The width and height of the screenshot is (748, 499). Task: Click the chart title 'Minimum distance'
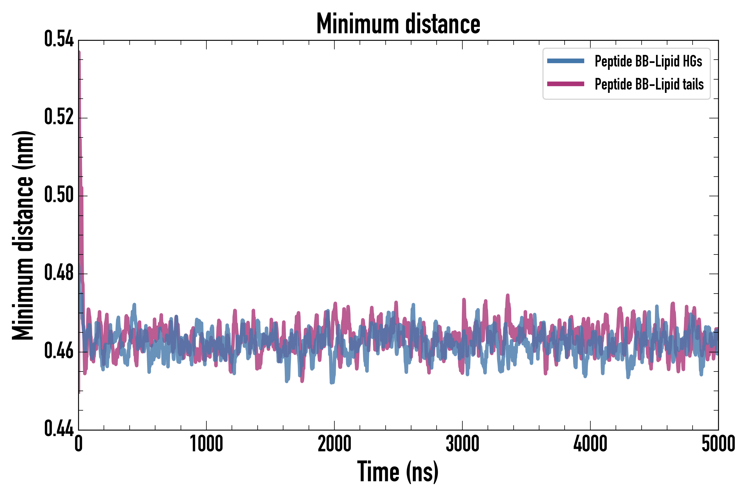tap(398, 24)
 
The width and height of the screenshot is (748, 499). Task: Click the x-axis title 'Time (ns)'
tap(398, 472)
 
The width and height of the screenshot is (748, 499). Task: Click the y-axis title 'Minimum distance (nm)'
tap(23, 235)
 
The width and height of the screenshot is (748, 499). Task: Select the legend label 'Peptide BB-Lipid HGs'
tap(648, 61)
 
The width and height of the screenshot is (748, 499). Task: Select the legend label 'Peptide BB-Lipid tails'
tap(649, 84)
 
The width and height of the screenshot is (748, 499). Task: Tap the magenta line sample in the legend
tap(565, 84)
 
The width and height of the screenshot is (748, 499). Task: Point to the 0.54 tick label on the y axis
tap(59, 39)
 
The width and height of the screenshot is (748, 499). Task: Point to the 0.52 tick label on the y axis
tap(59, 117)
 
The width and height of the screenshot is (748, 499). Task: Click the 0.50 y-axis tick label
tap(59, 195)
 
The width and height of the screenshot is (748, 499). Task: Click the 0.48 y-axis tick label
tap(59, 273)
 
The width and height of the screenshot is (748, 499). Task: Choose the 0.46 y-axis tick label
tap(59, 351)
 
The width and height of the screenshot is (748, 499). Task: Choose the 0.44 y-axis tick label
tap(59, 429)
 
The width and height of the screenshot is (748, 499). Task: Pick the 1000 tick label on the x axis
tap(206, 444)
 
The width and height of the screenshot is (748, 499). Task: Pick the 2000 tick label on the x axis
tap(334, 444)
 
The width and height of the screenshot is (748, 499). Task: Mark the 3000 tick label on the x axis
tap(462, 444)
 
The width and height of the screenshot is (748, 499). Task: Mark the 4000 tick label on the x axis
tap(590, 444)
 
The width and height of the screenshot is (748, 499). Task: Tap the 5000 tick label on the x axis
tap(718, 444)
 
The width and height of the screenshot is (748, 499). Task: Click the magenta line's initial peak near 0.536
tap(79, 53)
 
